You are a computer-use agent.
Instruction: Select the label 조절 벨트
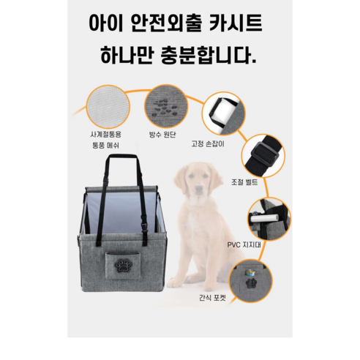pyautogui.click(x=245, y=184)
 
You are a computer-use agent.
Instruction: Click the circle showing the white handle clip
pyautogui.click(x=222, y=112)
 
